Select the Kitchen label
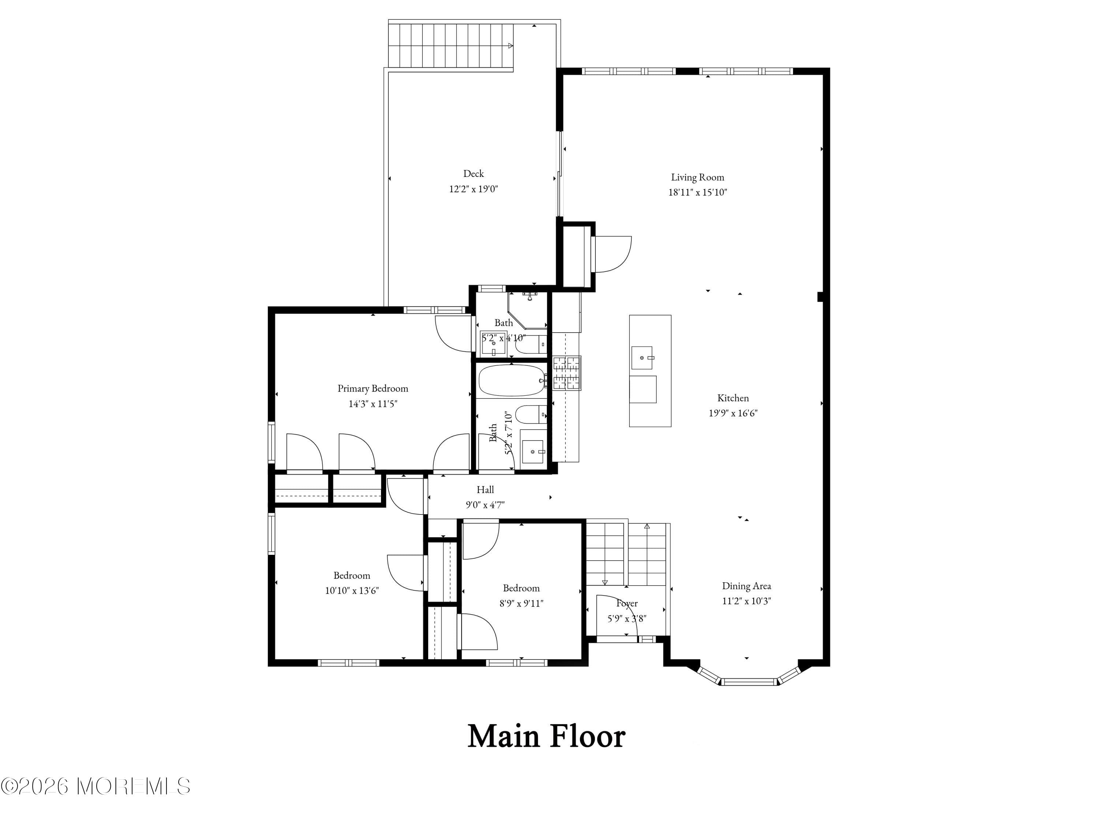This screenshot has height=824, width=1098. point(733,398)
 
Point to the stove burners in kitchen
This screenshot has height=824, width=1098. point(566,372)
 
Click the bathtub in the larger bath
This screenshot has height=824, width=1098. point(511,381)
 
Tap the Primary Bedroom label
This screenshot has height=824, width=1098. point(373,389)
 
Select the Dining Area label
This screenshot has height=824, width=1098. point(746,586)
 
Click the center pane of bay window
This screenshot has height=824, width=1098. point(748,682)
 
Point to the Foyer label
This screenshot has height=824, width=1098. point(627,604)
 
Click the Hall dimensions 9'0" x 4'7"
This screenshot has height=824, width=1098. point(485,505)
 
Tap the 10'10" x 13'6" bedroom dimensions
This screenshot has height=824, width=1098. point(352,591)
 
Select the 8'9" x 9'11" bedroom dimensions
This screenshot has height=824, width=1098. point(521,604)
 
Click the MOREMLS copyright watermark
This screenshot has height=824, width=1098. point(95,786)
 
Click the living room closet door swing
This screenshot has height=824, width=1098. point(613,254)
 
